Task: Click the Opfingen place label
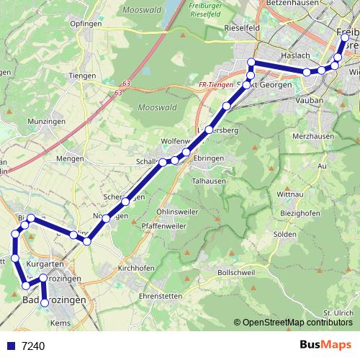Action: [87, 24]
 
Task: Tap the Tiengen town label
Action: [82, 76]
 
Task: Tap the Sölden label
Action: [306, 235]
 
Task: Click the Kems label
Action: [60, 323]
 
